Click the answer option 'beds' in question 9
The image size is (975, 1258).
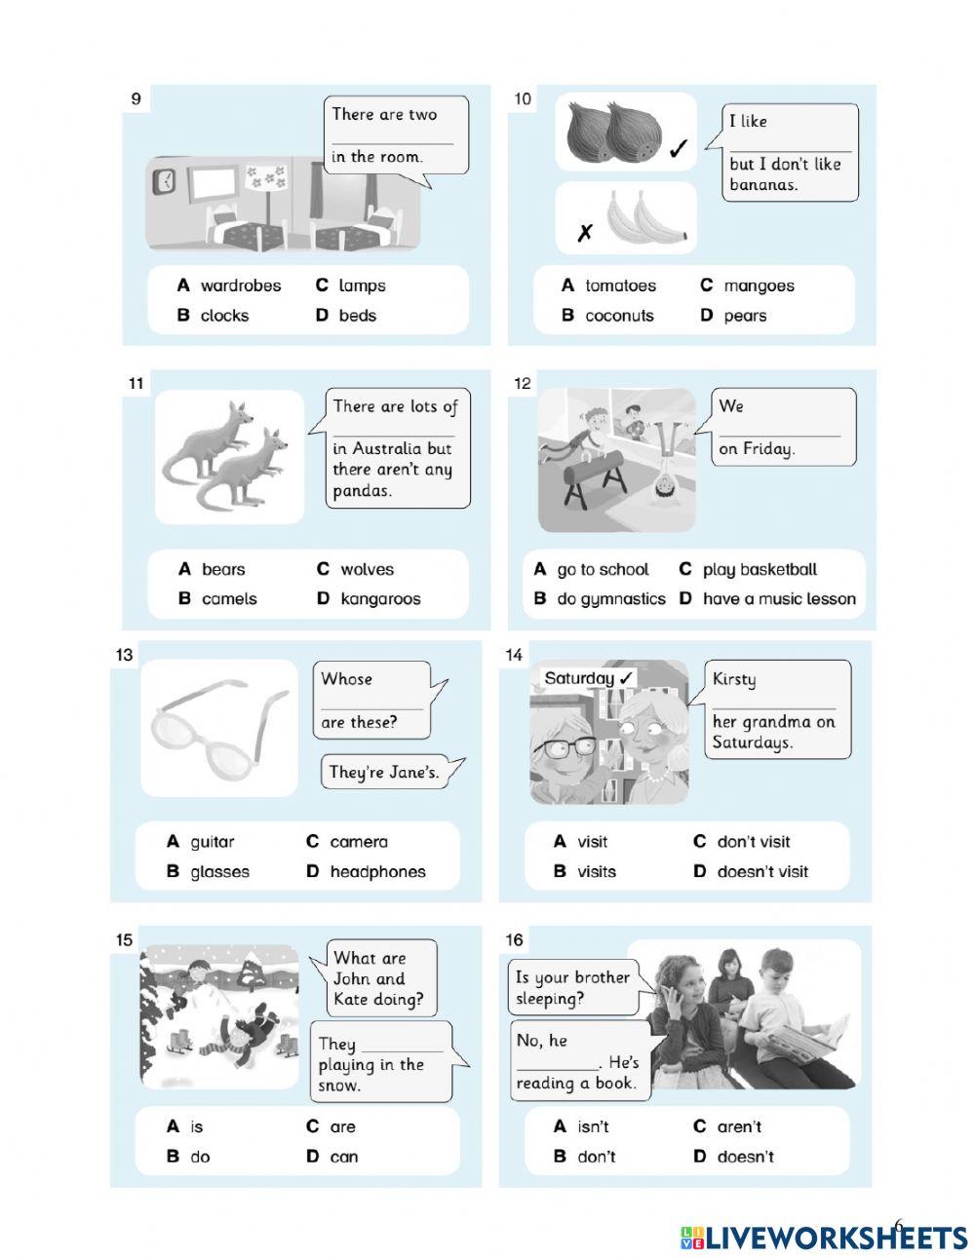point(357,316)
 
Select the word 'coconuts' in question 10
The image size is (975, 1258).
point(619,316)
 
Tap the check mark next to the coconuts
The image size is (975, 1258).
point(679,148)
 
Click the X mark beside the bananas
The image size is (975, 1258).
point(584,233)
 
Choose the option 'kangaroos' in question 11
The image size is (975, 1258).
point(380,599)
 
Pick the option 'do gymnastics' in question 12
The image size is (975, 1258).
point(610,599)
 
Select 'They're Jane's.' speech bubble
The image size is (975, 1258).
point(384,773)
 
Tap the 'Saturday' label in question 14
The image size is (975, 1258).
point(588,678)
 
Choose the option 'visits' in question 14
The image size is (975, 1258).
point(596,872)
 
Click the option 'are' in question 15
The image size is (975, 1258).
point(342,1127)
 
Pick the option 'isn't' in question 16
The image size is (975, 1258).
point(593,1127)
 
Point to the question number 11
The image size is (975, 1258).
point(136,384)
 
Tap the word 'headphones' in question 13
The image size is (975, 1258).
point(377,872)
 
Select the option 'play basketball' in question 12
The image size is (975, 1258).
point(760,570)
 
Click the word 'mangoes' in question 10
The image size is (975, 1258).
point(759,286)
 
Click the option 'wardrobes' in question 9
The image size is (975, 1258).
point(240,286)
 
